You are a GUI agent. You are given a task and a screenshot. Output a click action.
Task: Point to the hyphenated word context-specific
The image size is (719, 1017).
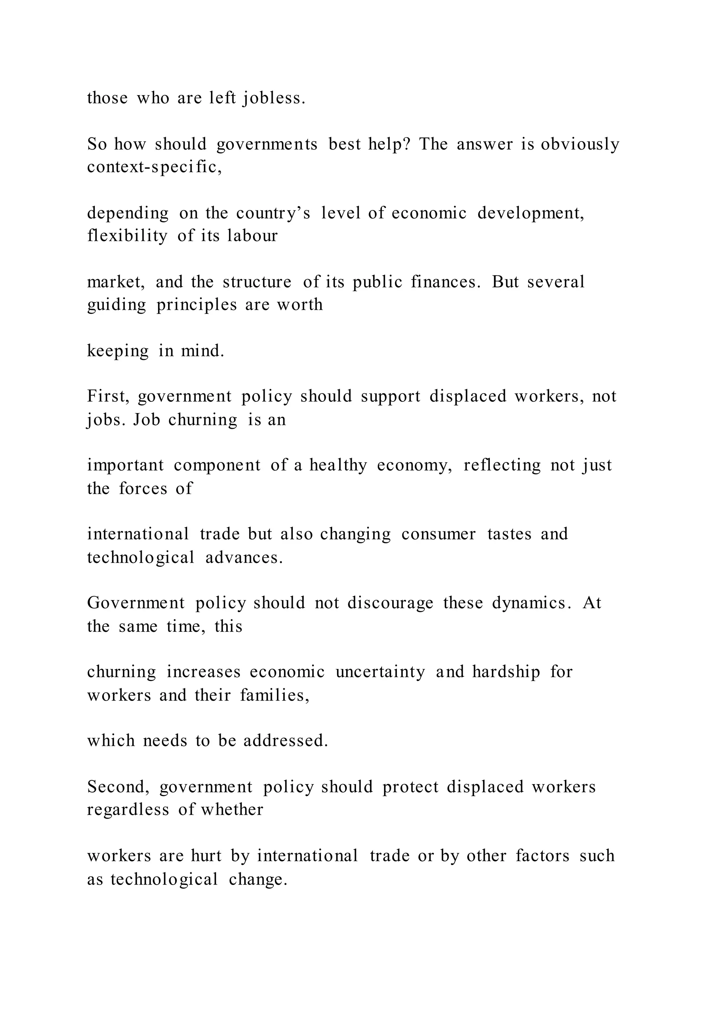(154, 168)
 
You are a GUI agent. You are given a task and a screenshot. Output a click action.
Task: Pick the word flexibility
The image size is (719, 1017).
(127, 236)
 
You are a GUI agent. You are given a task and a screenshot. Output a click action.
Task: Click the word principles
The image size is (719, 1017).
(197, 305)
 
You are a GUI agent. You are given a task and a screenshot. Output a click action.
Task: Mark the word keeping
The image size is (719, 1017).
(118, 351)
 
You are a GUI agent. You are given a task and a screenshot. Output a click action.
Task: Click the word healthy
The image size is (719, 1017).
(338, 466)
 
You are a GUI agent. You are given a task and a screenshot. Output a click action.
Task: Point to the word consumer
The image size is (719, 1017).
(439, 534)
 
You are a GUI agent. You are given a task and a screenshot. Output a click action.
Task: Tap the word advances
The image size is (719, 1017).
(244, 557)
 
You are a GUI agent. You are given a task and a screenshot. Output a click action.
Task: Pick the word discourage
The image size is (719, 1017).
(390, 603)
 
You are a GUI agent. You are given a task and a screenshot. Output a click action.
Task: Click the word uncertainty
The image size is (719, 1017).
(380, 672)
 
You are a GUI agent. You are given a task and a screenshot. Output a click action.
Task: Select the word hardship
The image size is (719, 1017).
(506, 672)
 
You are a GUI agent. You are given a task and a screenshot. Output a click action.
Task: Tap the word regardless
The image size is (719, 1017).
(128, 810)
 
